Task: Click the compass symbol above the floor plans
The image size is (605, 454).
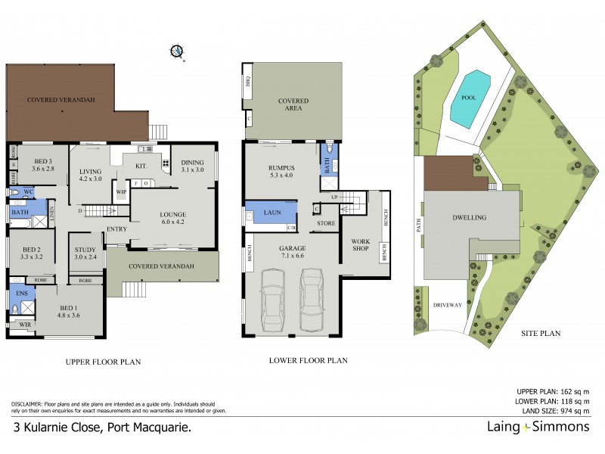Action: tap(177, 51)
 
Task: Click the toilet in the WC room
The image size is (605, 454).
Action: tap(17, 193)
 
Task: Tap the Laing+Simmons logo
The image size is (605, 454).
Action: tap(534, 428)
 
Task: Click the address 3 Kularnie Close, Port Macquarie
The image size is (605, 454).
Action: tap(102, 428)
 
